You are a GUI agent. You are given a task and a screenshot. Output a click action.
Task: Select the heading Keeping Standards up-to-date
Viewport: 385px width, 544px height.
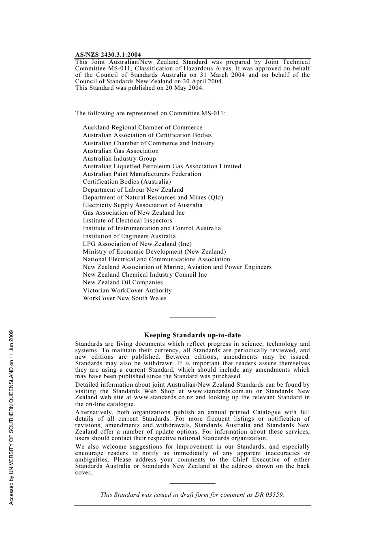pyautogui.click(x=192, y=335)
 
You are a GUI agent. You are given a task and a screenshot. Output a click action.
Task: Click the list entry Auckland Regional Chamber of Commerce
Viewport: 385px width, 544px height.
pyautogui.click(x=142, y=127)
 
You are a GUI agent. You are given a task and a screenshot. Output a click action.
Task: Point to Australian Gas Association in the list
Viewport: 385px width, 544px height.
pyautogui.click(x=121, y=151)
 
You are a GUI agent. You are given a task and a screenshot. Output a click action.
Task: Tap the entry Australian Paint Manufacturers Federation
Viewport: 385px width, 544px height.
pyautogui.click(x=142, y=174)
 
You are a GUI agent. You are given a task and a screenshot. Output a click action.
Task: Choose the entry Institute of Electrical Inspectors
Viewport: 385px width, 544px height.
pyautogui.click(x=127, y=220)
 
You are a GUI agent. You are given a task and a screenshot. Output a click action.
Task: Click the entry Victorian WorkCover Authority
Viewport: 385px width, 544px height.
pyautogui.click(x=127, y=290)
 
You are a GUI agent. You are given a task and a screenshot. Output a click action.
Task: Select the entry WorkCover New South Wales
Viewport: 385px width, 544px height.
pyautogui.click(x=124, y=298)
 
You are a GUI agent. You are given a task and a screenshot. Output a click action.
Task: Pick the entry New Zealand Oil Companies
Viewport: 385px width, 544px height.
pyautogui.click(x=123, y=282)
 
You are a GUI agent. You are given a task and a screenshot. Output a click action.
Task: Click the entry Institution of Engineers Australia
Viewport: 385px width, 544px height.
pyautogui.click(x=129, y=236)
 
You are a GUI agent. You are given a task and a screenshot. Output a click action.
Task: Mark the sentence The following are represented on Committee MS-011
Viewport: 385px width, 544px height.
pyautogui.click(x=150, y=113)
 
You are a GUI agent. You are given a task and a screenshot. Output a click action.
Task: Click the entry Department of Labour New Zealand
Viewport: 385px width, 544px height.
pyautogui.click(x=133, y=190)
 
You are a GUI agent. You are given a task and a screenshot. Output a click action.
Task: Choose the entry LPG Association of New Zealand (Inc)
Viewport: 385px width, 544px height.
pyautogui.click(x=137, y=244)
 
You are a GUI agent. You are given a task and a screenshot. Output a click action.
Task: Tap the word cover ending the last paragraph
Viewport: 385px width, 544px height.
pyautogui.click(x=83, y=472)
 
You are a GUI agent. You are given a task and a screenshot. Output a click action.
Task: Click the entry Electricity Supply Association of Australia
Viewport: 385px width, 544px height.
pyautogui.click(x=143, y=205)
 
